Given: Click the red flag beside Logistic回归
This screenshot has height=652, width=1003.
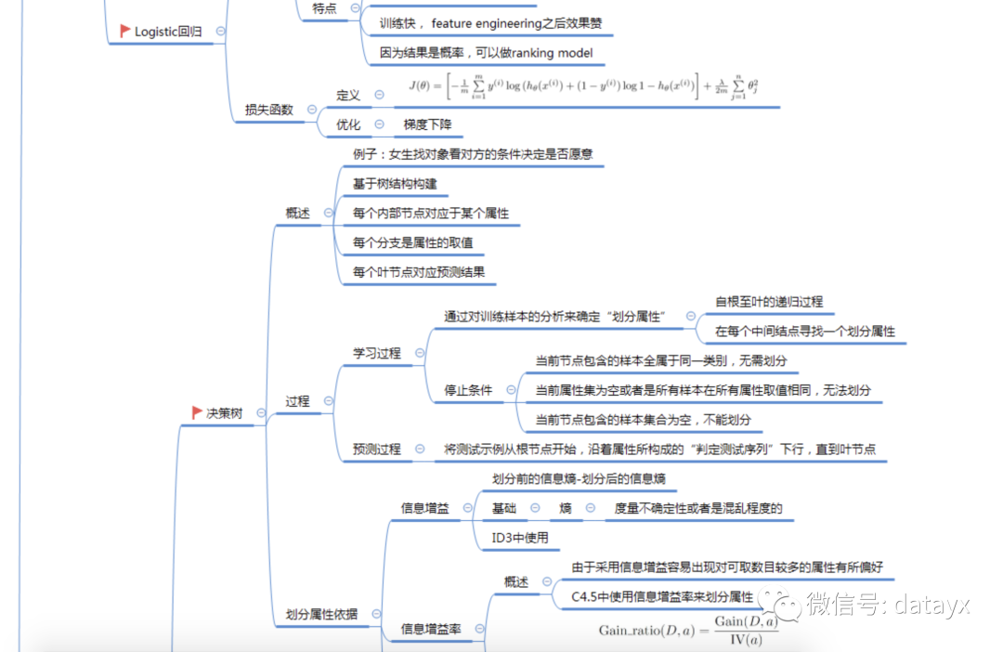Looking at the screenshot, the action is click(124, 31).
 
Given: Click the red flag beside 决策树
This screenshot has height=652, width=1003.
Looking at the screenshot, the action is click(197, 412).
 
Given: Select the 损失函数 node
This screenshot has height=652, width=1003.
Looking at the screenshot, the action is click(268, 110).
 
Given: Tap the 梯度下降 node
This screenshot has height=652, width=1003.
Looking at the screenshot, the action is click(427, 124).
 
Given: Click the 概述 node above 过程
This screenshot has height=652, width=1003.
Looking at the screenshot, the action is click(297, 213).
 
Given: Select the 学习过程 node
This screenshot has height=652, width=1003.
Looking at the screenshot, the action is click(376, 353).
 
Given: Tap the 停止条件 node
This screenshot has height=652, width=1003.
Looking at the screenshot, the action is click(469, 390).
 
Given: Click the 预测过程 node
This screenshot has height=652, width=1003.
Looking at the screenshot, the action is click(376, 449).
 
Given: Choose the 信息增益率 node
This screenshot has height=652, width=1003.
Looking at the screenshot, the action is click(431, 629).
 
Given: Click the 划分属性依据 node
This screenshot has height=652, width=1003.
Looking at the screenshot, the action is click(321, 614).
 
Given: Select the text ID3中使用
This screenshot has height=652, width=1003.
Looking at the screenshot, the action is click(520, 537).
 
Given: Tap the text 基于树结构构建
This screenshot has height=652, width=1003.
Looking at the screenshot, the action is click(394, 184).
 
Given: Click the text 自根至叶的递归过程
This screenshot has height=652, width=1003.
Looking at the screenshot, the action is click(769, 302).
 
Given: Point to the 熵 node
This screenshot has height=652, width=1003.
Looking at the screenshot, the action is click(565, 508).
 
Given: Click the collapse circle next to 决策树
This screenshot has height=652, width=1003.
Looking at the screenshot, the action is click(261, 413).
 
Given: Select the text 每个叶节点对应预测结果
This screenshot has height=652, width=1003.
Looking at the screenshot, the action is click(418, 272).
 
